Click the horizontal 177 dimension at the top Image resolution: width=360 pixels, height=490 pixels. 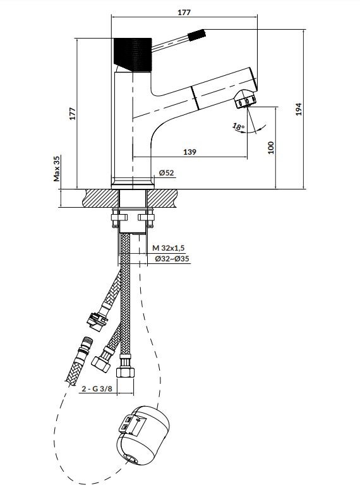184,13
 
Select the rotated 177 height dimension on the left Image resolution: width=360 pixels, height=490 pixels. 73,114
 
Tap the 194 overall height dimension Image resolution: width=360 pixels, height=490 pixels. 299,109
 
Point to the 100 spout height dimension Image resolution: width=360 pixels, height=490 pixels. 271,148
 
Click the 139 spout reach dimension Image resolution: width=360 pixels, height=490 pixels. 189,152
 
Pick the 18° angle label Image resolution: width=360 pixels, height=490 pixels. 238,127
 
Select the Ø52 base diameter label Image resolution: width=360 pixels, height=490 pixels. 166,173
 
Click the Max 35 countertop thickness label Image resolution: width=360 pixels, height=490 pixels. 57,169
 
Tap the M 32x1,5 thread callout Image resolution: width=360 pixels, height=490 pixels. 169,248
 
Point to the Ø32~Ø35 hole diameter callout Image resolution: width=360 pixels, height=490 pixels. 172,259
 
